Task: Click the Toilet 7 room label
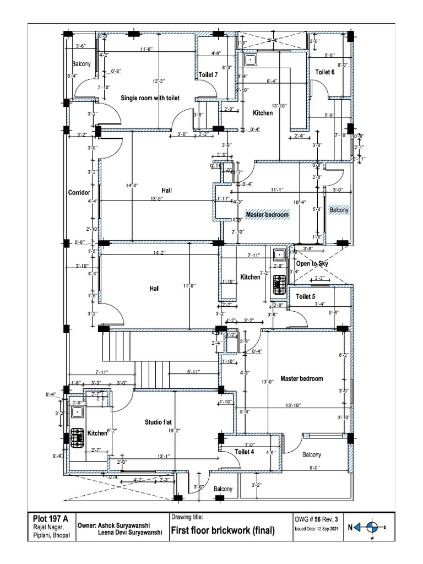208,75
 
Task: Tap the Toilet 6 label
324,72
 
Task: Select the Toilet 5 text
306,297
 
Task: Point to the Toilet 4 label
245,452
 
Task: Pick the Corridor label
78,193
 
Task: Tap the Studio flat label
158,422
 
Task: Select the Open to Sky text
312,264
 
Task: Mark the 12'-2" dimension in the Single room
159,82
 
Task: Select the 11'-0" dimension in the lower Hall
189,286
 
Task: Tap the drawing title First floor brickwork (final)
223,531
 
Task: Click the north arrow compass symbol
372,527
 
